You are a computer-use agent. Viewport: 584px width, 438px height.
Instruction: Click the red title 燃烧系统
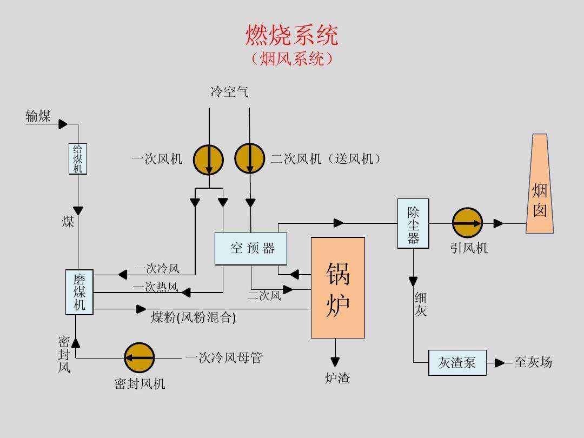[292, 36]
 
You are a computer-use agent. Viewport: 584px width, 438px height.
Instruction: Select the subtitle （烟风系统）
[292, 58]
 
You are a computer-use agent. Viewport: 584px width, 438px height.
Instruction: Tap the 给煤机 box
[78, 158]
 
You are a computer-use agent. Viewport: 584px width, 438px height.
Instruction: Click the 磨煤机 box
[79, 292]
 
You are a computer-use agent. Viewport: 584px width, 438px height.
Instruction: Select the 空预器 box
[250, 249]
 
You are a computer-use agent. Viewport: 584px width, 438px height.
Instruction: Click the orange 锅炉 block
[337, 288]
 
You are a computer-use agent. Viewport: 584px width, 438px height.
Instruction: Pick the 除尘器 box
[413, 223]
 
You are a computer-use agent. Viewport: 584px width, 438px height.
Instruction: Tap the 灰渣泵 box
[457, 363]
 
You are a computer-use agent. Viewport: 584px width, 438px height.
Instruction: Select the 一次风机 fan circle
[209, 160]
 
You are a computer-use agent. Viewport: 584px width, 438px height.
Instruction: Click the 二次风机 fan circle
[249, 160]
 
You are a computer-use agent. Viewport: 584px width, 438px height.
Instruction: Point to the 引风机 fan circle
[467, 223]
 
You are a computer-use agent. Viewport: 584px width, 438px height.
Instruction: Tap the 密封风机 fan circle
[140, 357]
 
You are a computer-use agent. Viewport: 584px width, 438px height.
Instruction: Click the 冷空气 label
[229, 92]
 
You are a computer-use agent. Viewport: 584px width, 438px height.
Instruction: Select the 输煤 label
[38, 116]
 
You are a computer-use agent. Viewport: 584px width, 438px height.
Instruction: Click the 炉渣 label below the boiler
[337, 379]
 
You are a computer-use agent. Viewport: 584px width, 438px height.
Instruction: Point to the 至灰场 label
[533, 362]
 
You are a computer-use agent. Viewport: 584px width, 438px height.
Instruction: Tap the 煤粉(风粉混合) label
[193, 317]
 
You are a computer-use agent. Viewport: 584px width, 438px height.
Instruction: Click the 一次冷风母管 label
[223, 357]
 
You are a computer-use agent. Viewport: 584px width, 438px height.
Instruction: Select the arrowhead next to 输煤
[63, 124]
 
